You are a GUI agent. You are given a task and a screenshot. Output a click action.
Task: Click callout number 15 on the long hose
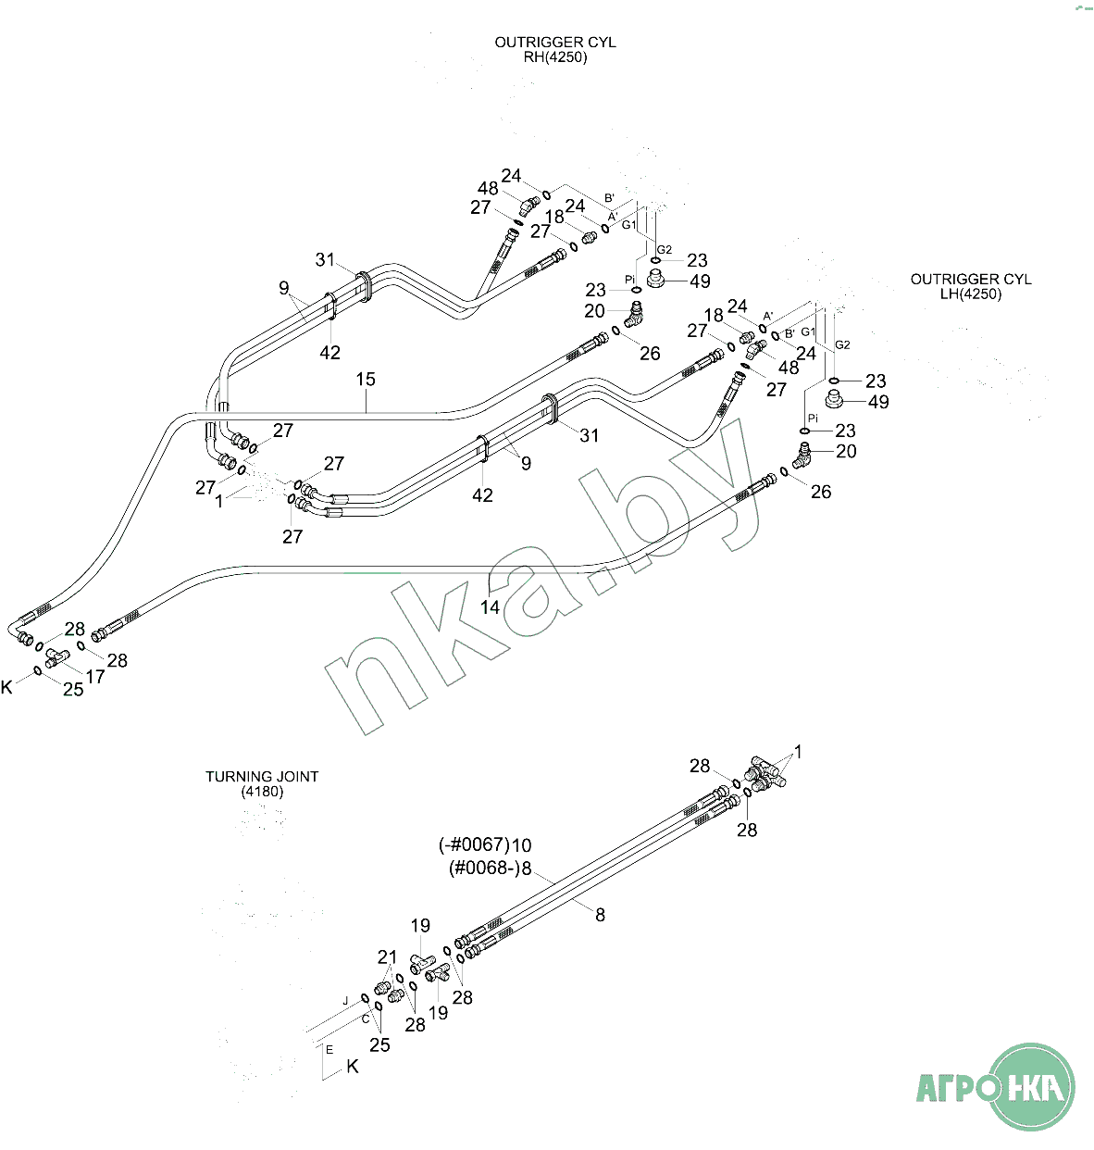366,380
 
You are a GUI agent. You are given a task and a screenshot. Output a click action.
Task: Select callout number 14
490,607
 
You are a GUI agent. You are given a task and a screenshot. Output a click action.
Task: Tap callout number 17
95,677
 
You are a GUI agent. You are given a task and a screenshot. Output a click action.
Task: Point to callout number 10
522,845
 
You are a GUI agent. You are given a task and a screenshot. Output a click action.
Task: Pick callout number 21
387,957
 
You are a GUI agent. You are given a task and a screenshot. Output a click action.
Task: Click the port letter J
345,1001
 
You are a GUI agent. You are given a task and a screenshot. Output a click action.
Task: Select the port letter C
366,1019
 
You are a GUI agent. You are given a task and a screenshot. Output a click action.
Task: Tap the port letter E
329,1050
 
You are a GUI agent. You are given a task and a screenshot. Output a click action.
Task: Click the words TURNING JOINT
262,777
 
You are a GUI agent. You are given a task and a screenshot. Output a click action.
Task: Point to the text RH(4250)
555,57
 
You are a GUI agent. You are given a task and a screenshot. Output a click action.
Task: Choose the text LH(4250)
970,294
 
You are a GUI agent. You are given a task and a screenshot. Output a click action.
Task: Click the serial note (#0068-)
483,869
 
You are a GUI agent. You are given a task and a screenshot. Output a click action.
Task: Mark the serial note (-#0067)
474,845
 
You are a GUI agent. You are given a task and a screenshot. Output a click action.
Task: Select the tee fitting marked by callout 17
57,658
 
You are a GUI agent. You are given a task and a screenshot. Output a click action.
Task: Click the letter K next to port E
353,1067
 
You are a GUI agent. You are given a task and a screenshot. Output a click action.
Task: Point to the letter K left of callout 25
7,688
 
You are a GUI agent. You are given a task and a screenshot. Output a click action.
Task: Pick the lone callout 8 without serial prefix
600,915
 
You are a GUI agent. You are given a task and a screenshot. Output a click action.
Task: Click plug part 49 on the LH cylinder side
838,401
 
